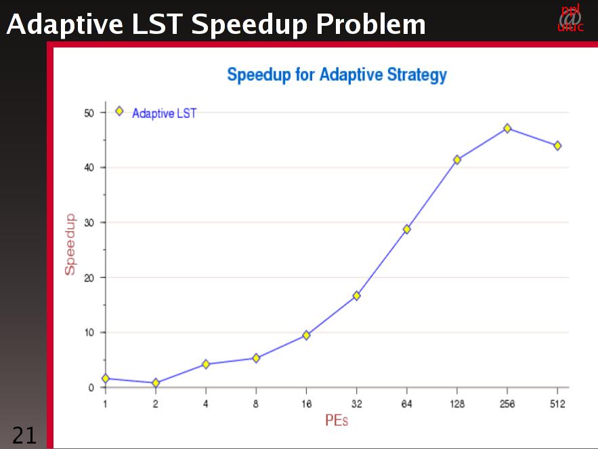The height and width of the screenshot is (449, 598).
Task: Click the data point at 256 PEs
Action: [507, 128]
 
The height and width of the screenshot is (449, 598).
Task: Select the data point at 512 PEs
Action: [557, 146]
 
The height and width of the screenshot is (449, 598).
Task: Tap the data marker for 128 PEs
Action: [457, 160]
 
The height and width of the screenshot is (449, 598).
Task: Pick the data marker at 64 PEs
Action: [407, 229]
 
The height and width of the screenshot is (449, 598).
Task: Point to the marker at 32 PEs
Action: [356, 296]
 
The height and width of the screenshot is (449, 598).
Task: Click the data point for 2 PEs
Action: [156, 383]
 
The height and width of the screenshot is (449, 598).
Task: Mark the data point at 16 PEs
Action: [306, 335]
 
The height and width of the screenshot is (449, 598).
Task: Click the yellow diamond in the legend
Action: [120, 111]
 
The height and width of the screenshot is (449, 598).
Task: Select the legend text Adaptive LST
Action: [164, 113]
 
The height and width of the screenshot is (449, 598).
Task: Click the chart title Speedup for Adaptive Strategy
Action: [337, 75]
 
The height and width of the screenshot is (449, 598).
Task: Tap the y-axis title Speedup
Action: [70, 244]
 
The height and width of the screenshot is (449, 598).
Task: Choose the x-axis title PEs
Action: [336, 421]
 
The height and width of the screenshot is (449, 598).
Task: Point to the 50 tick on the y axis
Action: [89, 113]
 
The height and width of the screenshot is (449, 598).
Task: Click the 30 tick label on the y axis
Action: [89, 222]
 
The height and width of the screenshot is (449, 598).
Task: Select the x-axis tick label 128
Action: [457, 404]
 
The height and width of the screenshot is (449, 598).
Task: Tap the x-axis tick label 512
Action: [557, 404]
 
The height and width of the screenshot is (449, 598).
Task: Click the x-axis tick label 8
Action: [256, 404]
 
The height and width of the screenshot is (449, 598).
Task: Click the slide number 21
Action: [24, 435]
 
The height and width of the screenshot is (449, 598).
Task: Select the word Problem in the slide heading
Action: [370, 25]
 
